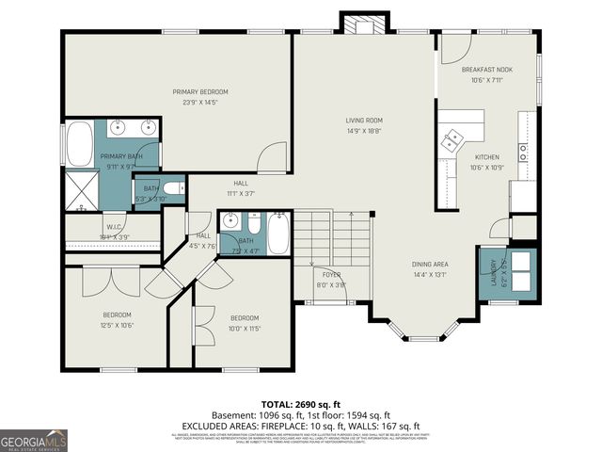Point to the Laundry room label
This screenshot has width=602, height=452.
(493, 272)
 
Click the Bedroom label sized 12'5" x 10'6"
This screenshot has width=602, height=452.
(117, 319)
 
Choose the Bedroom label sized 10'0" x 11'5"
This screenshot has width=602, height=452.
(245, 323)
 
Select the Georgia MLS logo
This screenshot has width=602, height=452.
(34, 439)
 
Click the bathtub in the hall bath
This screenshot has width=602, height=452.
(277, 233)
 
